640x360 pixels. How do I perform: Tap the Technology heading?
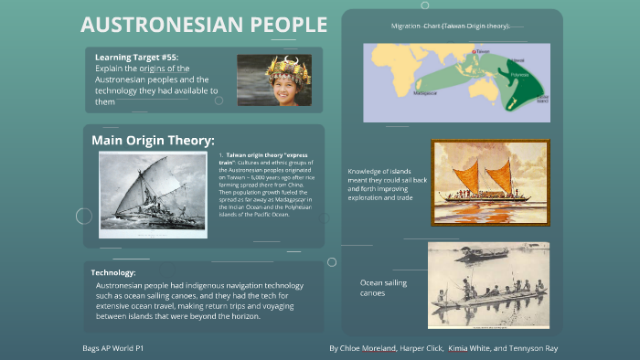[113, 272]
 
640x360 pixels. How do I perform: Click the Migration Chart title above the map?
[450, 26]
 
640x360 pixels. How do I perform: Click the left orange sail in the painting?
[466, 175]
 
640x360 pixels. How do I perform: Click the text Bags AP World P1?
[112, 348]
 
